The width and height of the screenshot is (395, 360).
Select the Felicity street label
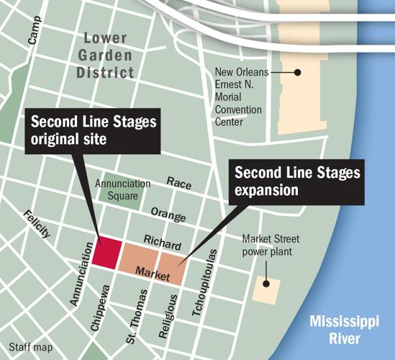(36, 224)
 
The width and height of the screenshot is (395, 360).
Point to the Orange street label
(168, 216)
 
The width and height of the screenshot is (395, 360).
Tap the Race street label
(179, 184)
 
